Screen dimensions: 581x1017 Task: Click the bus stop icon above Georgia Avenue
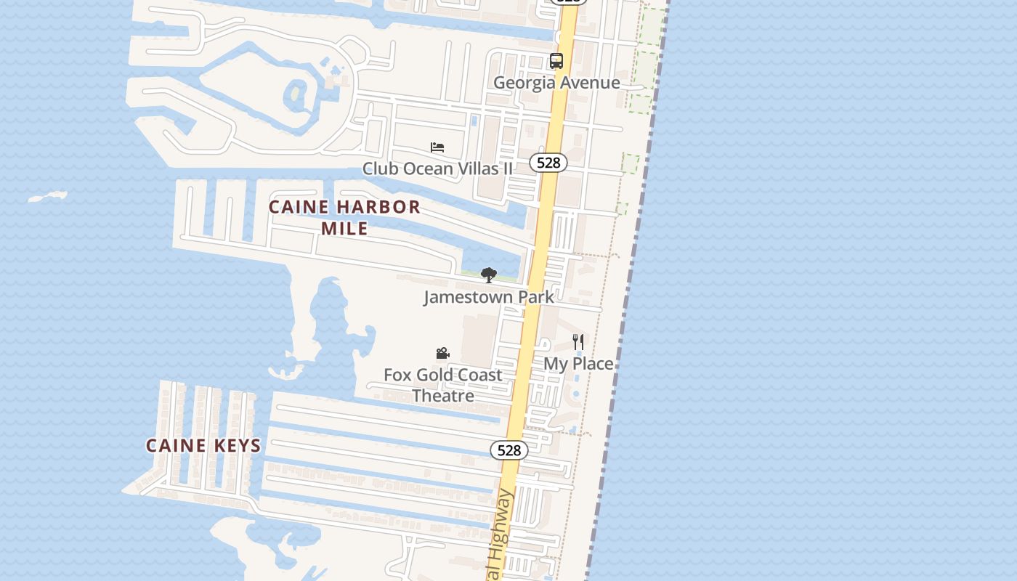pos(556,61)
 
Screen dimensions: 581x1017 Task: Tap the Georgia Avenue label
pos(556,83)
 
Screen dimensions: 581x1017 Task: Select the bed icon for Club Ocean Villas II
pos(437,147)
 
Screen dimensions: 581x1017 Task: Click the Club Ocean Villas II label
pos(437,169)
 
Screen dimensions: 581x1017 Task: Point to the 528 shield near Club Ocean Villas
pos(548,163)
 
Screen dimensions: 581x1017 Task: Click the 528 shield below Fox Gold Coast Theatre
pos(509,450)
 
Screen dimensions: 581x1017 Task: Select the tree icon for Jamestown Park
pos(489,275)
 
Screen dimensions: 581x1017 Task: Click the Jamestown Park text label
pos(489,297)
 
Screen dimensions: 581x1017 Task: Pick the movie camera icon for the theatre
pos(442,354)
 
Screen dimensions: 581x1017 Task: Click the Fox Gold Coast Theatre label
pos(443,386)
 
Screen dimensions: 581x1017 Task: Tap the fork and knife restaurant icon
pos(578,342)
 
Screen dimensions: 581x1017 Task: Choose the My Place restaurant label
pos(579,364)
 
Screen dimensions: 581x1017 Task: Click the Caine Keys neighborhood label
pos(203,446)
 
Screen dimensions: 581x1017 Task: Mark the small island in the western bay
pos(48,196)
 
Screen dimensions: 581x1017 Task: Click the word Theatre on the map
pos(443,397)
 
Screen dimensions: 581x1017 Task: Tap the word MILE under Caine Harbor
pos(344,229)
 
